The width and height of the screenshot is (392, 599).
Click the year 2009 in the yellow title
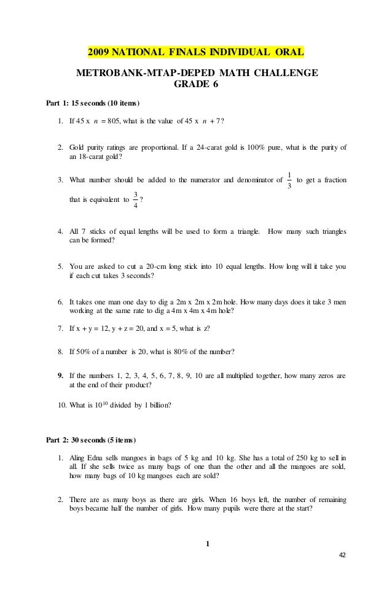[101, 50]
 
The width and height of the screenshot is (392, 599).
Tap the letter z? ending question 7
[206, 328]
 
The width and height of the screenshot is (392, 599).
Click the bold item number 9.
[60, 374]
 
